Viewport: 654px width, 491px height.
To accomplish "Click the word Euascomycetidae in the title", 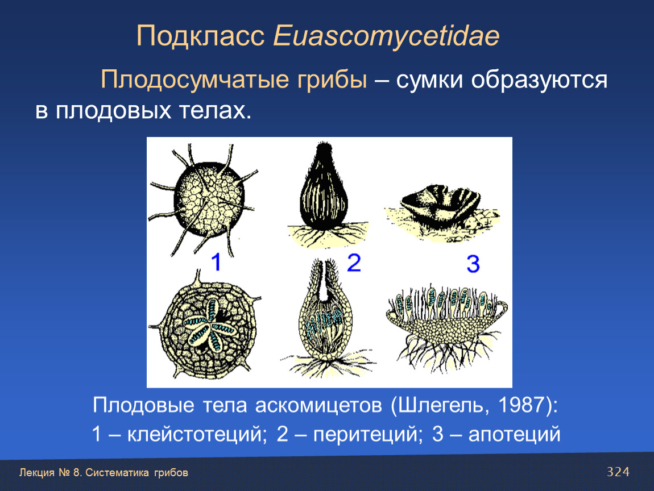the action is point(386,37).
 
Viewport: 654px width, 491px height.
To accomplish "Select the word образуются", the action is point(539,81).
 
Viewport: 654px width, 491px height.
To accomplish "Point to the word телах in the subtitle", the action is point(216,111).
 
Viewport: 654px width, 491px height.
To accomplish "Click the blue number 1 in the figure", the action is point(216,262).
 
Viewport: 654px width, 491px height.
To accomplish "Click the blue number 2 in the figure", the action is point(354,263).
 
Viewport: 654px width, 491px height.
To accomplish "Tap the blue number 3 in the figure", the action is point(473,264).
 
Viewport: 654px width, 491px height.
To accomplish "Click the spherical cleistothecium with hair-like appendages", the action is point(204,199).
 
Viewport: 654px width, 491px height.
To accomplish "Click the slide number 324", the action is point(618,472).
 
